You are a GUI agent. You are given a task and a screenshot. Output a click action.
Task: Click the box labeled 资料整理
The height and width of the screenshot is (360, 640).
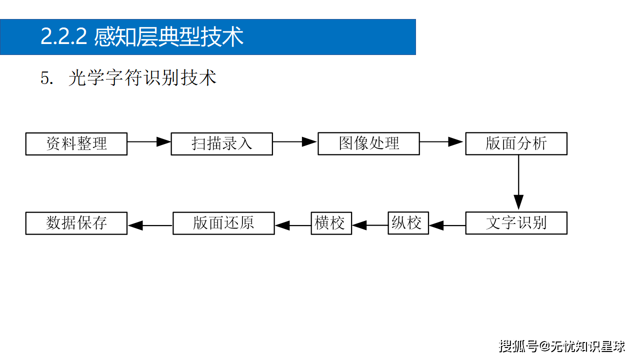(x=76, y=144)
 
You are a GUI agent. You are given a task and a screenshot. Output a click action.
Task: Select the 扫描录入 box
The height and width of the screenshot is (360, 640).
(x=222, y=144)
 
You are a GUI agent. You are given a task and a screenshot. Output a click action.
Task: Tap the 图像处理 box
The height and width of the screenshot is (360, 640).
(x=368, y=143)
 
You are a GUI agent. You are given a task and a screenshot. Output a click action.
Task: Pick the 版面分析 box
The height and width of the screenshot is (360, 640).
(x=516, y=143)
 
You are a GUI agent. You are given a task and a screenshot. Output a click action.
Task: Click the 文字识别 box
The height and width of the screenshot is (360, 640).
(x=516, y=223)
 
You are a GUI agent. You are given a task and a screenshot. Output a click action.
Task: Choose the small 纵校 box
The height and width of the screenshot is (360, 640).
(x=408, y=223)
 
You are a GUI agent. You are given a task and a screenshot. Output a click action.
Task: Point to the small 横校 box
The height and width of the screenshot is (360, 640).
(x=331, y=223)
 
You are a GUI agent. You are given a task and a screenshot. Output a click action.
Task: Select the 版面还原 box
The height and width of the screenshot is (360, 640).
(x=223, y=223)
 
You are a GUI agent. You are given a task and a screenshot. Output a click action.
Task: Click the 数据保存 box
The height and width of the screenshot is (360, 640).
(x=76, y=223)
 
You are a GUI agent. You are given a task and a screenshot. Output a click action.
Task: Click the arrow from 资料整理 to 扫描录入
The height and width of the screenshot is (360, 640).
(x=149, y=142)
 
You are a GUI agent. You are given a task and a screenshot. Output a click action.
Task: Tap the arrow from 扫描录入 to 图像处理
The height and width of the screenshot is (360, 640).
(x=295, y=142)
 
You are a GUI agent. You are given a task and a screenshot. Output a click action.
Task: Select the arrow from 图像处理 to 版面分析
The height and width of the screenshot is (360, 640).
(x=442, y=142)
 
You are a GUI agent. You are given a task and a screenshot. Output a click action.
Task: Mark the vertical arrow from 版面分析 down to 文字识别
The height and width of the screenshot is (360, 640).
(x=518, y=182)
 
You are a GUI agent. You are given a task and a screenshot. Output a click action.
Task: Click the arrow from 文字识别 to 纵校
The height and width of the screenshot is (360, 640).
(x=447, y=225)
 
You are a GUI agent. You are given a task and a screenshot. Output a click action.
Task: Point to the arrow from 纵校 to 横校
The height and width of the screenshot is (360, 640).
(x=370, y=225)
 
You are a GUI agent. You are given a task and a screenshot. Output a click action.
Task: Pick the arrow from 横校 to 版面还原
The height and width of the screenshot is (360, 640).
(x=292, y=225)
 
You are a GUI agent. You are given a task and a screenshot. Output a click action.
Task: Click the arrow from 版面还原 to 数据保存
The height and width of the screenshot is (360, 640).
(x=150, y=225)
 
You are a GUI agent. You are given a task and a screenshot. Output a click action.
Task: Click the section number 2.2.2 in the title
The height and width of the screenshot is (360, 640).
(x=64, y=37)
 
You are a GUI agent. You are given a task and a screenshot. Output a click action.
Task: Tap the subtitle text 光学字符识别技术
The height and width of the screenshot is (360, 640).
(x=142, y=78)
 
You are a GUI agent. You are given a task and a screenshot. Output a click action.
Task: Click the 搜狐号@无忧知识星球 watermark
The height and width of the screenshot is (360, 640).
(x=562, y=345)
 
